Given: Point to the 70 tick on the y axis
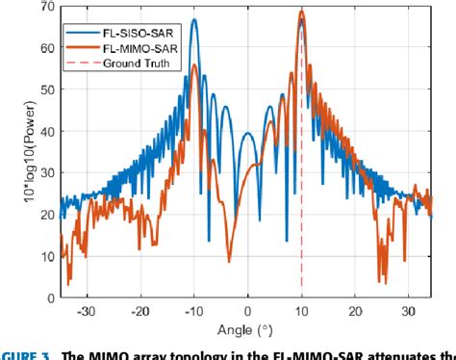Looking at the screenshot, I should (x=46, y=7).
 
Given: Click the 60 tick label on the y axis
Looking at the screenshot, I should (x=46, y=49).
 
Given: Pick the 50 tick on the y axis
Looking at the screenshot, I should (x=46, y=90).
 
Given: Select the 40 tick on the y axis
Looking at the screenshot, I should (x=46, y=132).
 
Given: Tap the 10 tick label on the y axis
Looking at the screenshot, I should (x=46, y=257).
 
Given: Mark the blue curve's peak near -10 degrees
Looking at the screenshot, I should (x=194, y=20).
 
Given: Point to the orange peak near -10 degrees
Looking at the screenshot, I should (x=194, y=65).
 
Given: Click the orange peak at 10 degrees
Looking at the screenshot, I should (x=301, y=12).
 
